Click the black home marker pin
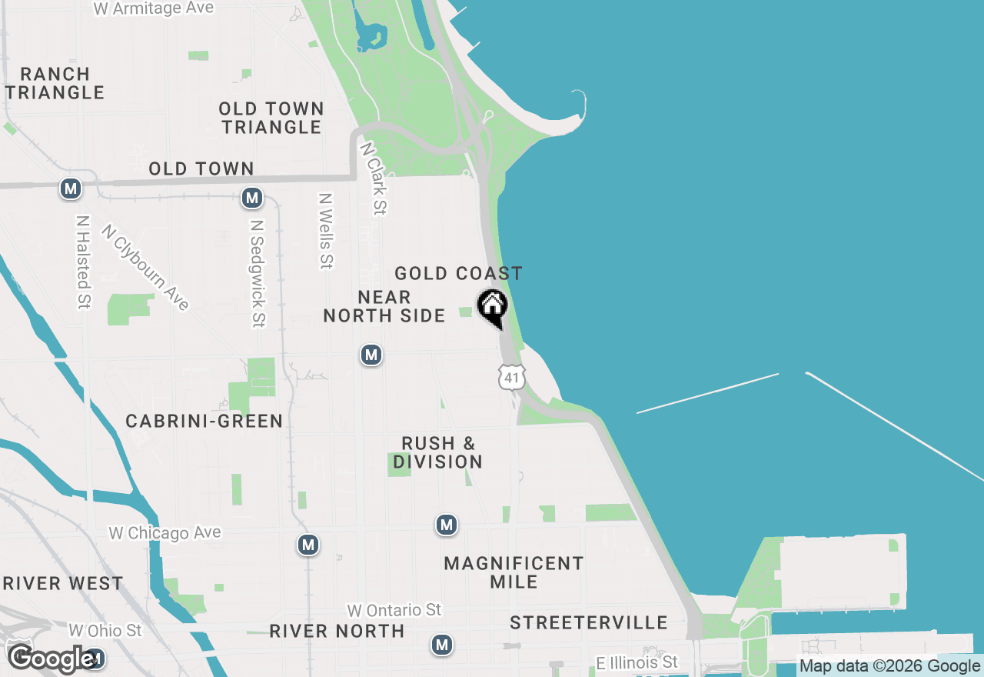492,307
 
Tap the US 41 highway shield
511,377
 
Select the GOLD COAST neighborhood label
458,273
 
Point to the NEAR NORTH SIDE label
384,306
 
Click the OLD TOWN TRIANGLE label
271,118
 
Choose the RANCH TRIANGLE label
55,83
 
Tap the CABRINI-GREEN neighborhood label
204,421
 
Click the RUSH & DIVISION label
438,452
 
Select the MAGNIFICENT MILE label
514,572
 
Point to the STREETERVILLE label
589,622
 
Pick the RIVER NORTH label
337,631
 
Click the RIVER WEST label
62,583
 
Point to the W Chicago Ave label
165,532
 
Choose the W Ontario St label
394,610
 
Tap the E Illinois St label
637,662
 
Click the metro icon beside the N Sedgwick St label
252,198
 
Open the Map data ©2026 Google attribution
890,666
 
